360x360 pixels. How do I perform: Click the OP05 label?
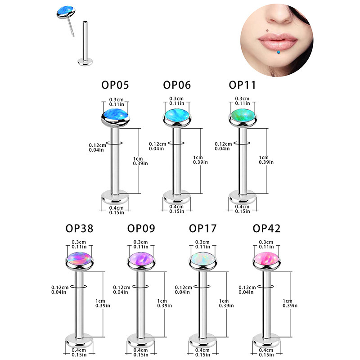point(115,85)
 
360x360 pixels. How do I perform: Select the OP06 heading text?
point(177,85)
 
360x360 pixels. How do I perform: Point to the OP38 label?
point(79,229)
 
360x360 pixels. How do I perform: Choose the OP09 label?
point(141,229)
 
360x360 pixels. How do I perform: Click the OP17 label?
point(203,229)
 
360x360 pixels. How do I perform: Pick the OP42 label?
point(266,229)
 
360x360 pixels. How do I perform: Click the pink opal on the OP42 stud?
point(266,260)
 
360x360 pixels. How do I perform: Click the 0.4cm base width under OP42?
point(266,351)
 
